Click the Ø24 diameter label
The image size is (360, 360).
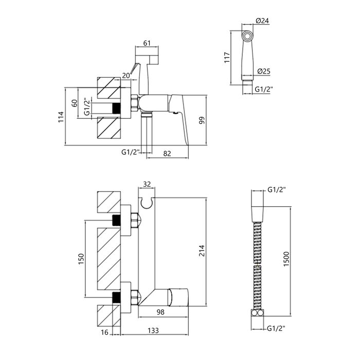[262, 21]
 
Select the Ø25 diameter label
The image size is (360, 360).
[264, 71]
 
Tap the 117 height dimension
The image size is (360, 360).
[227, 58]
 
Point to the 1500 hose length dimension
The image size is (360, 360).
[286, 259]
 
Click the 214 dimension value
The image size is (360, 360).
[202, 251]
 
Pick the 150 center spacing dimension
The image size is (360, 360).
[81, 259]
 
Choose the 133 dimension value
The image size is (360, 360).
[153, 330]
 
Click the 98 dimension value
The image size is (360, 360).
[160, 312]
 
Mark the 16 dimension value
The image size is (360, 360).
[104, 332]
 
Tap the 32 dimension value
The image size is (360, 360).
[147, 184]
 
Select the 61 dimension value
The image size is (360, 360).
[147, 43]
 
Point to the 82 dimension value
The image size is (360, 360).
[167, 153]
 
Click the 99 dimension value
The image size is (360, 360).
[202, 120]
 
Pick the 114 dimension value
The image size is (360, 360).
[61, 117]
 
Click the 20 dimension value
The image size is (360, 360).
[126, 76]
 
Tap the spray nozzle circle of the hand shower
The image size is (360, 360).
[247, 37]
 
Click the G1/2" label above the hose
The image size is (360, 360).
[277, 190]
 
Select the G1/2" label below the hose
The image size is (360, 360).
[276, 329]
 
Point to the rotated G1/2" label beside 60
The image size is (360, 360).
[86, 107]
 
